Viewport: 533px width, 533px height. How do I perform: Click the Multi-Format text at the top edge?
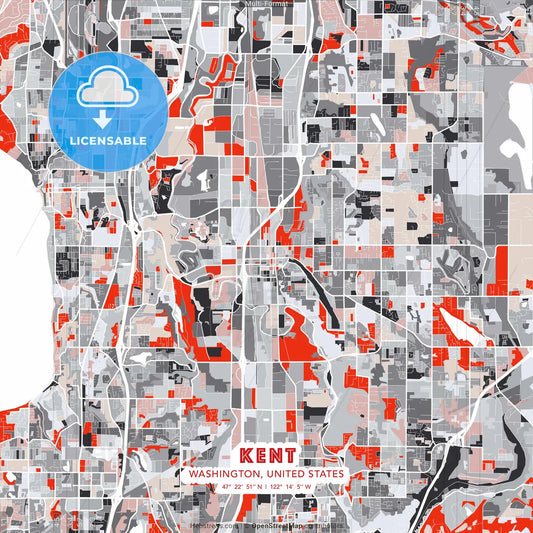click(266, 4)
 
